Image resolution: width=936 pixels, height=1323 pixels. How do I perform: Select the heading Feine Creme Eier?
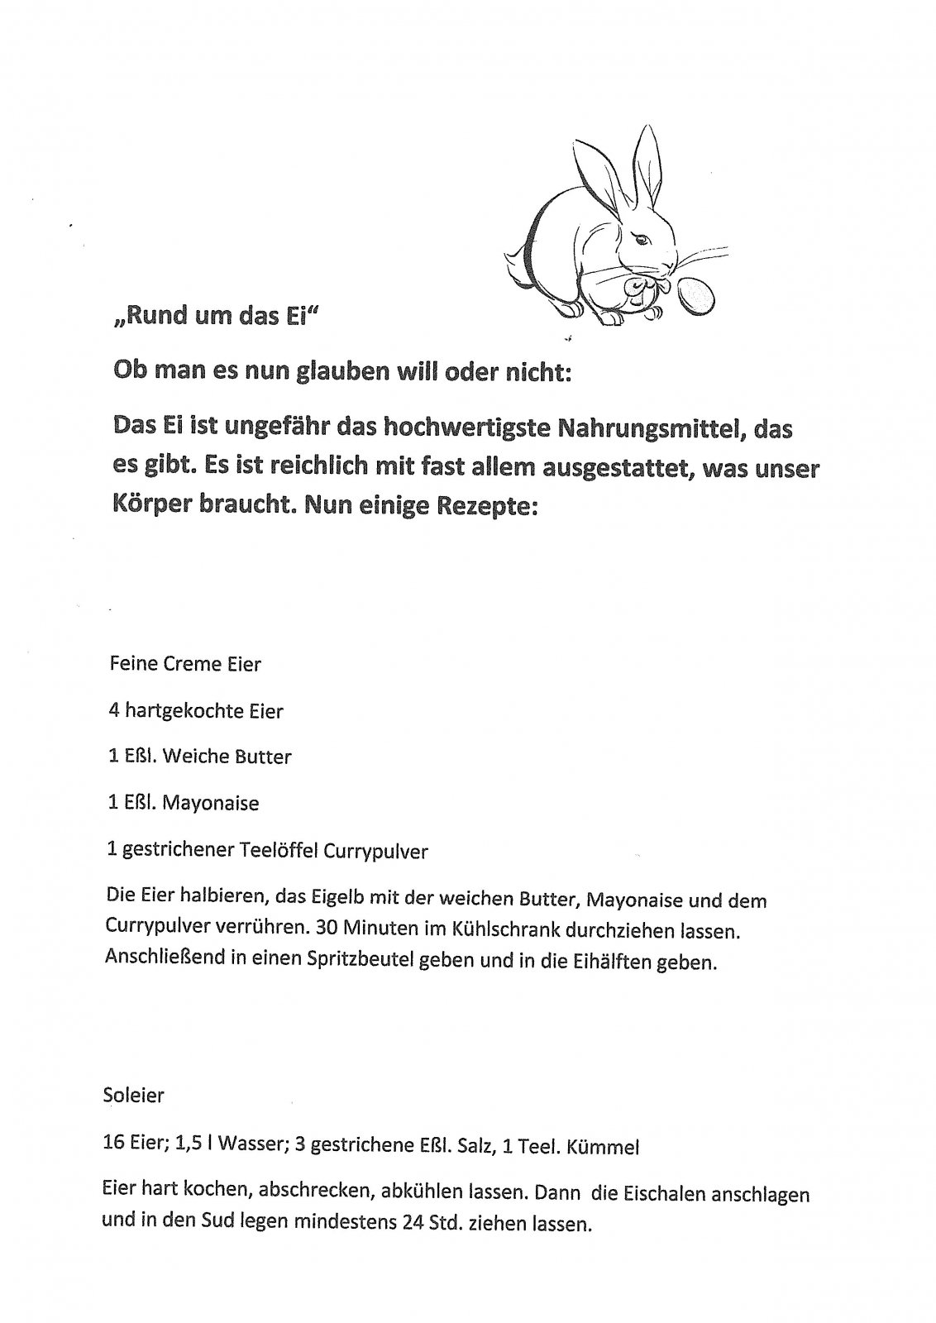[x=185, y=663]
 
